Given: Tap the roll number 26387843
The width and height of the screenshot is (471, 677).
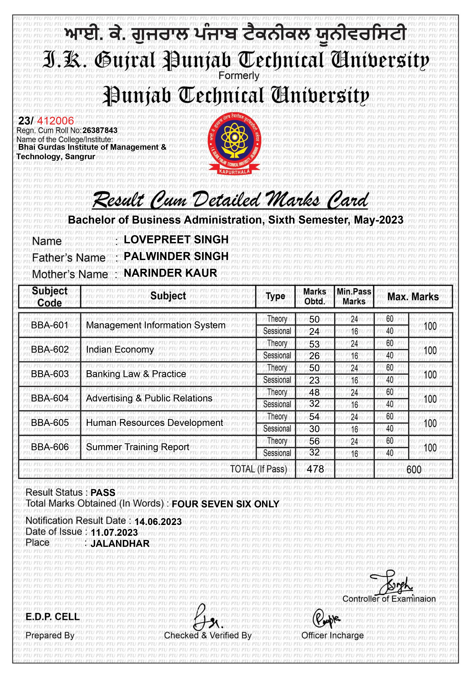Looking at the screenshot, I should click(100, 130).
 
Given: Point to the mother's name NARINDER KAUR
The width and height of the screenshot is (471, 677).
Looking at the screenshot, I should click(170, 273).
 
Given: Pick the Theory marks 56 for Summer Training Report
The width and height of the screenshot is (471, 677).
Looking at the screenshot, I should click(314, 441).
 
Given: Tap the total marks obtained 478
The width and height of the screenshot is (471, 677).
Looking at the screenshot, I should click(315, 469).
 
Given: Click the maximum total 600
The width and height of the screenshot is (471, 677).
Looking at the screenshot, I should click(414, 469).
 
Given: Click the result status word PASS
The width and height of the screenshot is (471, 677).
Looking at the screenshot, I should click(103, 493).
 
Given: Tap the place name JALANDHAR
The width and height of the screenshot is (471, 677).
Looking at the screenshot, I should click(120, 543).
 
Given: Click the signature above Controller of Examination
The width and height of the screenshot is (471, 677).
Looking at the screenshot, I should click(392, 583).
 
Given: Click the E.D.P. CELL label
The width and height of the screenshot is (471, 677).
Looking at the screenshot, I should click(53, 617).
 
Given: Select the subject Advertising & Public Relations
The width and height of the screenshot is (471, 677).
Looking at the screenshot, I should click(149, 398).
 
